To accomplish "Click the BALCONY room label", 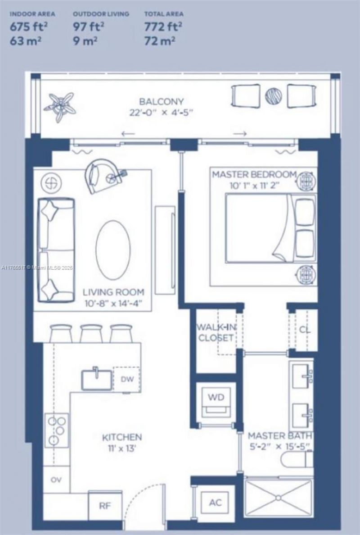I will (x=161, y=102).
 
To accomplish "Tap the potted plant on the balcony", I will (x=60, y=106).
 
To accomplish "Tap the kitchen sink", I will (x=96, y=379).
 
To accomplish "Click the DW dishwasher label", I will (x=126, y=379).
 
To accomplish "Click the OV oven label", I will (x=56, y=480).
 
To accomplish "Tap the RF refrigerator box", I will (x=105, y=505).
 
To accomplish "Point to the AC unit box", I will (x=215, y=502).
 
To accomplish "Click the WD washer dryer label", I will (x=216, y=398).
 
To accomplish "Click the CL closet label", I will (x=305, y=329).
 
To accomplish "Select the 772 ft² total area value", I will (x=163, y=26).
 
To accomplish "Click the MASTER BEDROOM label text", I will (x=254, y=174).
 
